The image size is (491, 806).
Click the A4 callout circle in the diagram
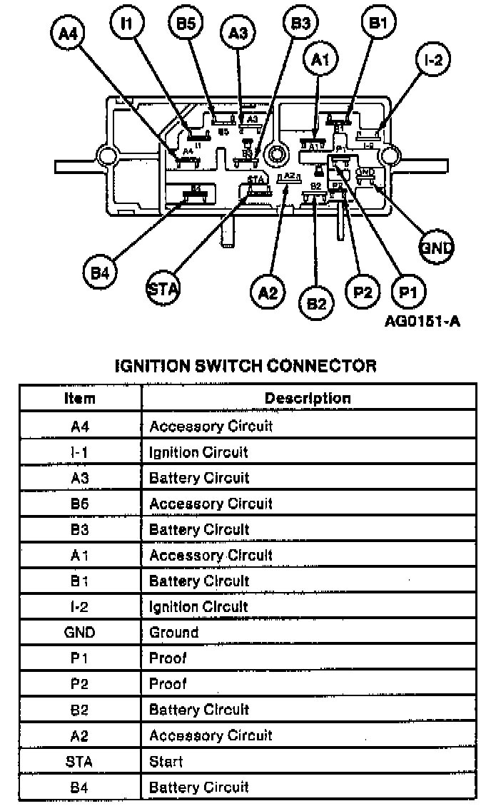tap(69, 34)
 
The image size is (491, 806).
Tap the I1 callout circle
tap(127, 24)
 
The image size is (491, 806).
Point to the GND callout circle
tap(436, 247)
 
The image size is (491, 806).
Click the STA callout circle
tap(163, 288)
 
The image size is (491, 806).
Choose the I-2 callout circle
tap(433, 61)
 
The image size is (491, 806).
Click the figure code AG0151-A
tap(422, 321)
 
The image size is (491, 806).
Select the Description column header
tap(308, 398)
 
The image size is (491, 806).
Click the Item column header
tap(80, 398)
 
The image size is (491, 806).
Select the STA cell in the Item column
tap(80, 761)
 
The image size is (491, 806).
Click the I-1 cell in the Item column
tap(80, 452)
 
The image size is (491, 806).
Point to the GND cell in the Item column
tap(80, 632)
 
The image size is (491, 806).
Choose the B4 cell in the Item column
tap(80, 787)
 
